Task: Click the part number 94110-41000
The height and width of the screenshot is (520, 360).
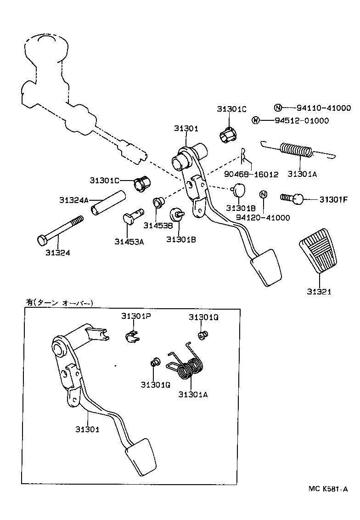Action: [x=324, y=108]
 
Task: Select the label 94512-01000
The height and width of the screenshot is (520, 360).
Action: [x=302, y=120]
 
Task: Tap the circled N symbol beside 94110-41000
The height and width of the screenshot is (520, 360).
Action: [x=278, y=108]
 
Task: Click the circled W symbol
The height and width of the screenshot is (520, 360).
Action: [x=255, y=120]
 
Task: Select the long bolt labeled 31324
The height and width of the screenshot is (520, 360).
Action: [x=60, y=231]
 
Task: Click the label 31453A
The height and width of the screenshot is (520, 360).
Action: [x=129, y=242]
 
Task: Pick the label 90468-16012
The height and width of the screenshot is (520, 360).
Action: [x=251, y=175]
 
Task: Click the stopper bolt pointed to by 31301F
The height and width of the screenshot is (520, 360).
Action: [x=292, y=198]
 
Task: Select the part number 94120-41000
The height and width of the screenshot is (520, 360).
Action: [x=263, y=218]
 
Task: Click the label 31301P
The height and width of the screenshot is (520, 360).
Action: [x=136, y=316]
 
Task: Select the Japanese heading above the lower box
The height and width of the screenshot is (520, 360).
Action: [x=60, y=302]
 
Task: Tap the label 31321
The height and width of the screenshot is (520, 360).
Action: [x=319, y=292]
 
